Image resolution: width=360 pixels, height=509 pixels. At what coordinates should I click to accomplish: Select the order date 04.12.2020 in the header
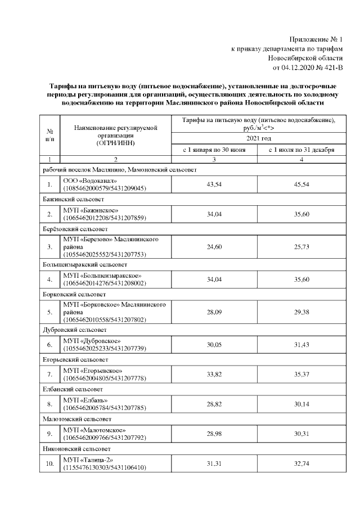coord(304,68)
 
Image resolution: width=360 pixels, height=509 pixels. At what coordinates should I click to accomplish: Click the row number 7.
coord(49,374)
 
